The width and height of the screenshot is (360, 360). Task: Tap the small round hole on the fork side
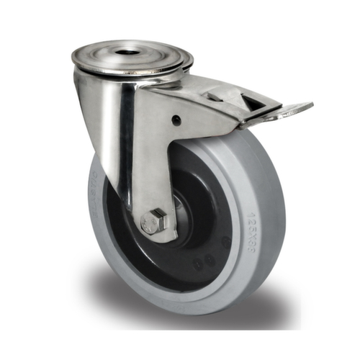pos(176,120)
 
